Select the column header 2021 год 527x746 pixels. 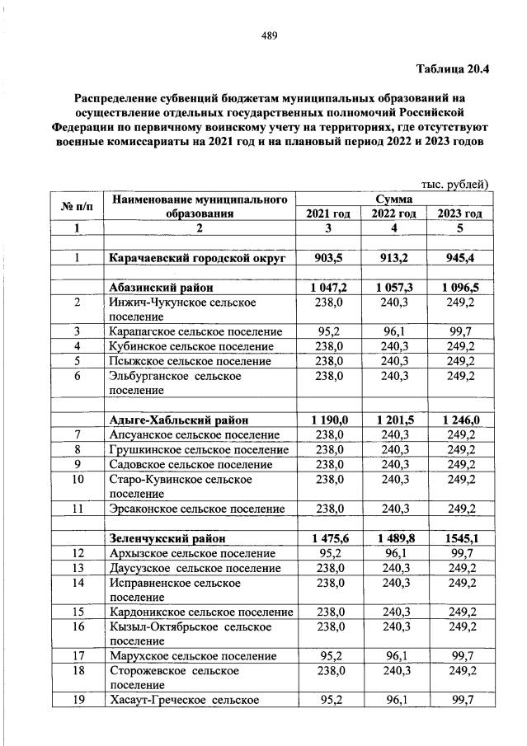[328, 213]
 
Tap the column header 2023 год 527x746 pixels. [459, 213]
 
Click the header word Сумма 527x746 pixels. [393, 199]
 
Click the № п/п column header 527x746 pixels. [77, 206]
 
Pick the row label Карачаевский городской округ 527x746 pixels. [197, 258]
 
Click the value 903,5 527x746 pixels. [328, 258]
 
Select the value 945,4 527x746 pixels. [459, 258]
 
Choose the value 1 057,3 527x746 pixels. [393, 288]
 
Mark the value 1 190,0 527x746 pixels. [328, 420]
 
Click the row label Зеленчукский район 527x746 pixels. [166, 537]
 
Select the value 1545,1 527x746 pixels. [459, 537]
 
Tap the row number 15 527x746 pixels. [77, 612]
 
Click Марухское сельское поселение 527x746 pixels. [192, 656]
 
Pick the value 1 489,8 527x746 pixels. [393, 537]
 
